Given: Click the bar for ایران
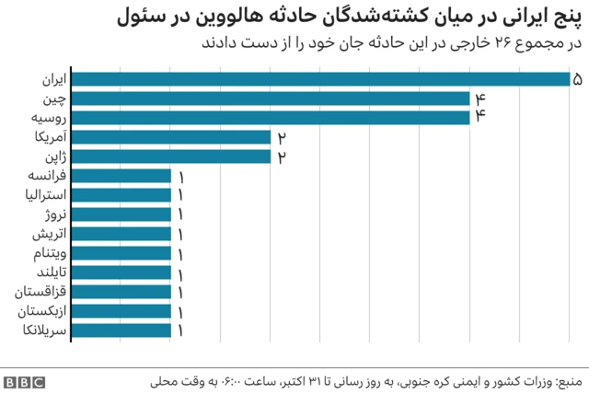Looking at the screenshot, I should coord(320,79).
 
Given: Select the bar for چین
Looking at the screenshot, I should coord(271,98).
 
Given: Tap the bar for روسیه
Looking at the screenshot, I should coord(271,118).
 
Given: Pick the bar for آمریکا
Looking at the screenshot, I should coord(171,137).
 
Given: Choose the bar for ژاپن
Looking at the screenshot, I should coord(171,156).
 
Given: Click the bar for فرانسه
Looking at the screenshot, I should coord(121,176).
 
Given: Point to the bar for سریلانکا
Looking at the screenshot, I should coord(121,330).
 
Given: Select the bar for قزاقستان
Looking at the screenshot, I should coord(121,292).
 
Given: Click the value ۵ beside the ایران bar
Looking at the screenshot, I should coord(577,79).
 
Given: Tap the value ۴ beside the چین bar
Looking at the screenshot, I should coord(479,98).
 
